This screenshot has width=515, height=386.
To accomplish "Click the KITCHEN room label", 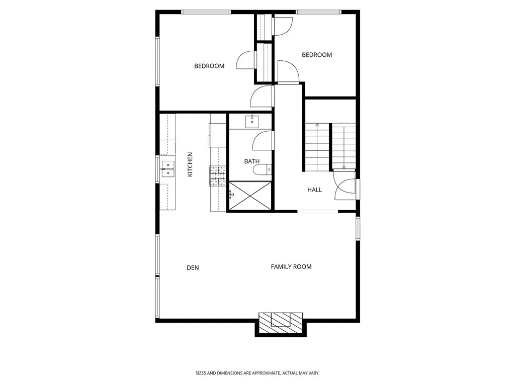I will click(190, 164).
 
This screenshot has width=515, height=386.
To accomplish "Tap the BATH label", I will click(252, 161).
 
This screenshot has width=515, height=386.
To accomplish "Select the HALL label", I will click(315, 189).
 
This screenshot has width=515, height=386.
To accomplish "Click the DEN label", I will click(193, 268).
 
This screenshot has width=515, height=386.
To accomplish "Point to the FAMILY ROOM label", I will click(291, 266).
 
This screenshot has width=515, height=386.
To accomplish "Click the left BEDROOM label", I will click(209, 66).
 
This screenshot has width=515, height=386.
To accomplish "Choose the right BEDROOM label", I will click(317, 55).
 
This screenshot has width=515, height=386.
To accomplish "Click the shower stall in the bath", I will click(250, 196).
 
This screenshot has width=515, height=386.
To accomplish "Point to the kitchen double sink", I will click(167, 169).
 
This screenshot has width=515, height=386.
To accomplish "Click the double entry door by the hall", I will click(346, 185).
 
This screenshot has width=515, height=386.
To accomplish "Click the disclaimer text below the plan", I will click(257, 373).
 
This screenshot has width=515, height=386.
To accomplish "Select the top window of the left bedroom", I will click(206, 12).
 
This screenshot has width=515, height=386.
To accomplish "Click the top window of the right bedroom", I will click(318, 12).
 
